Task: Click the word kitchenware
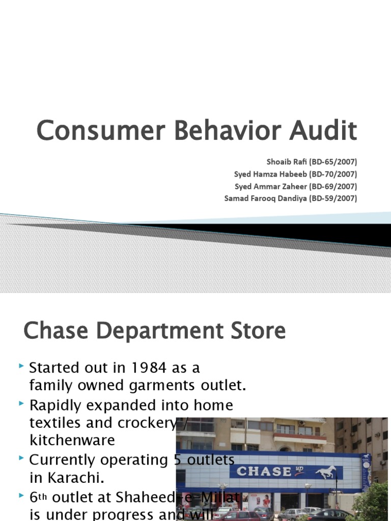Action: tap(72, 440)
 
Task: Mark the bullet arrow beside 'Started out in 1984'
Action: tap(20, 366)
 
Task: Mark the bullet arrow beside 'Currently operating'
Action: tap(20, 459)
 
